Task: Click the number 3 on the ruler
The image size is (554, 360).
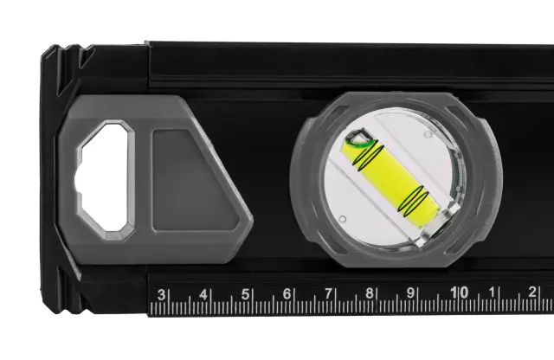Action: [161, 294]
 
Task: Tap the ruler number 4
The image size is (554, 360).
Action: [203, 294]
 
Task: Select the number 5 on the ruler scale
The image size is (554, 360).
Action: [245, 294]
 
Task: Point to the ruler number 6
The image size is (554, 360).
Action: [287, 294]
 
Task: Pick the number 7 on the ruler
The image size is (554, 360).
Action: [329, 293]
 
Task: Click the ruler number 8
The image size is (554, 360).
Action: [370, 293]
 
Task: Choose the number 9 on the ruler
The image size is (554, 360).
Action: [410, 292]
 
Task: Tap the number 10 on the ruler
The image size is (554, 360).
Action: [460, 292]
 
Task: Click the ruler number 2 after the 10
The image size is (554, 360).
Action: [532, 292]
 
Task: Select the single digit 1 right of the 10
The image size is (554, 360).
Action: [492, 292]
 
